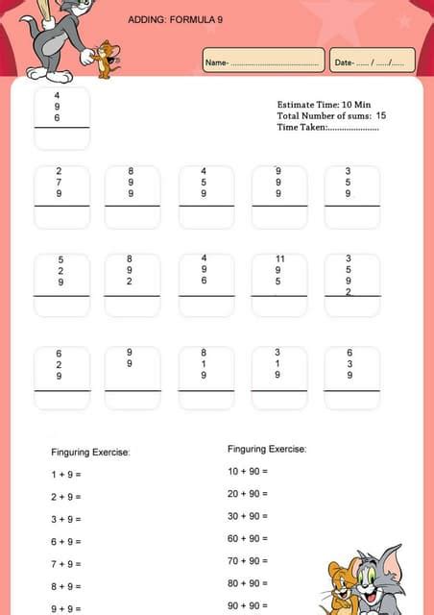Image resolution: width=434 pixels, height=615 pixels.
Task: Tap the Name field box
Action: (263, 61)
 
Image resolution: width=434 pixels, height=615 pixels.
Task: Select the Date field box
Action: (372, 61)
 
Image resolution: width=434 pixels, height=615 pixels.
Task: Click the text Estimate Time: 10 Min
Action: (324, 104)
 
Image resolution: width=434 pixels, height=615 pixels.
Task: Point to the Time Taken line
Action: (327, 127)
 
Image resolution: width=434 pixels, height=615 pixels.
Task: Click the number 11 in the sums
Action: (279, 259)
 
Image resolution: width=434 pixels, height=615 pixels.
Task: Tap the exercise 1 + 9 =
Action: (66, 475)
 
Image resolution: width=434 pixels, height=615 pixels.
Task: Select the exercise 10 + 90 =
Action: (247, 471)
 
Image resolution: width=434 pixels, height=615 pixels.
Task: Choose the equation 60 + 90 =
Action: (247, 538)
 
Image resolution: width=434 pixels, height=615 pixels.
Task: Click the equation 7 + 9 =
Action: (66, 564)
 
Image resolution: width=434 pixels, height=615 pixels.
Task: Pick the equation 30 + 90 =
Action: (247, 516)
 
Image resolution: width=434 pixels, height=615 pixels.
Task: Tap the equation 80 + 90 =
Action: (247, 583)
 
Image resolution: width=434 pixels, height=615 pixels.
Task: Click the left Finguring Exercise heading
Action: (90, 452)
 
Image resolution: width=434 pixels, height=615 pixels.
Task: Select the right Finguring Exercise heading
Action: (267, 449)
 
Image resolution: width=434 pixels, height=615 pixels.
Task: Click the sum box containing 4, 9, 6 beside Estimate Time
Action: (61, 118)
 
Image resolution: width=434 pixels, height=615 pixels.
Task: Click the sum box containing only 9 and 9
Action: (132, 378)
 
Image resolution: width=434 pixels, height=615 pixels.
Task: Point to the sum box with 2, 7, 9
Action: (61, 197)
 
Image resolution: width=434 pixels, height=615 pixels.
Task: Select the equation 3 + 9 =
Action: (66, 519)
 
